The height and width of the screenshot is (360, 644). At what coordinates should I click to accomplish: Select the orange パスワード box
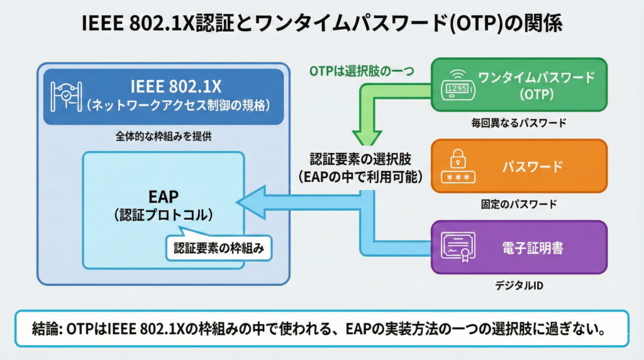tap(519, 167)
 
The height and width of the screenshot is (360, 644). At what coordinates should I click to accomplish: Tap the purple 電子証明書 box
tap(519, 247)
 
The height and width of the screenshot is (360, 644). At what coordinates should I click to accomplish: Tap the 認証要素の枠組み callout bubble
tap(218, 249)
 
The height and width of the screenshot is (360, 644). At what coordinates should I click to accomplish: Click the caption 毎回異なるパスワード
tap(518, 123)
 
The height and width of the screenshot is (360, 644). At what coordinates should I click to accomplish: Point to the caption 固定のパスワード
tap(518, 204)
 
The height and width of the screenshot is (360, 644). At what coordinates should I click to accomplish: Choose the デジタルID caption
tap(518, 285)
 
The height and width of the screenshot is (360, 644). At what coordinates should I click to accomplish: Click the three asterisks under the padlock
tap(458, 177)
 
